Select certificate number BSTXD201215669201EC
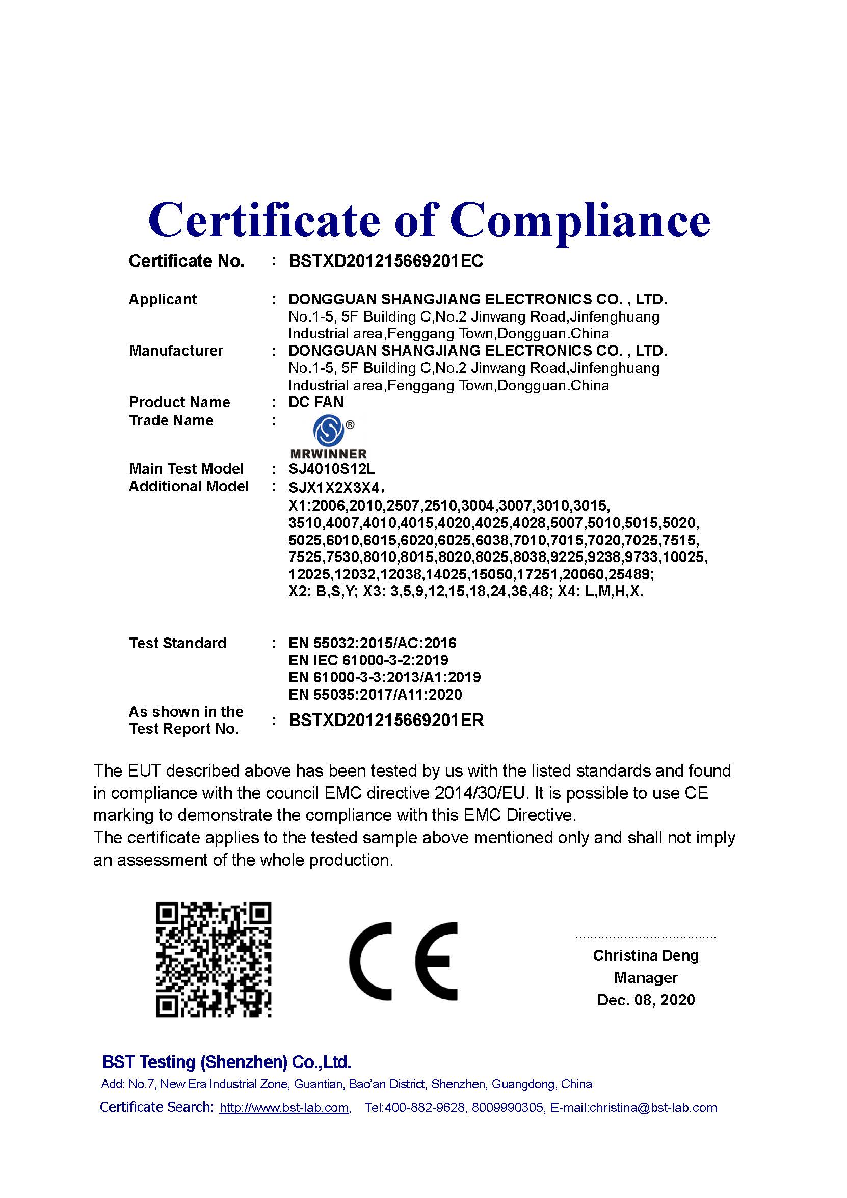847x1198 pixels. [x=386, y=261]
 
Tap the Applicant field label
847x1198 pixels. [x=162, y=300]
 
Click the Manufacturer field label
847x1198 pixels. [x=175, y=351]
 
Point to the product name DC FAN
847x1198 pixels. [x=316, y=402]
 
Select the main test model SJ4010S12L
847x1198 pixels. [x=331, y=469]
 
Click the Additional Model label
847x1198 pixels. [x=189, y=486]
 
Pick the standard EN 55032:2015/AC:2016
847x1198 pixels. [x=372, y=643]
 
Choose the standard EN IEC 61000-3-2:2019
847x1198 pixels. [x=368, y=660]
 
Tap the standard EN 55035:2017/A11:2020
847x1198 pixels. [x=375, y=695]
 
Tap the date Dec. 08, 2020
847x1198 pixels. [x=646, y=1000]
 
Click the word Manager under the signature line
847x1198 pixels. [x=646, y=977]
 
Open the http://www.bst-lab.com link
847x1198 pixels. [x=284, y=1107]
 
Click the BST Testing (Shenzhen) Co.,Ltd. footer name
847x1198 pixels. [x=226, y=1062]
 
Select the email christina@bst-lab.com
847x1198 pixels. [x=653, y=1107]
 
